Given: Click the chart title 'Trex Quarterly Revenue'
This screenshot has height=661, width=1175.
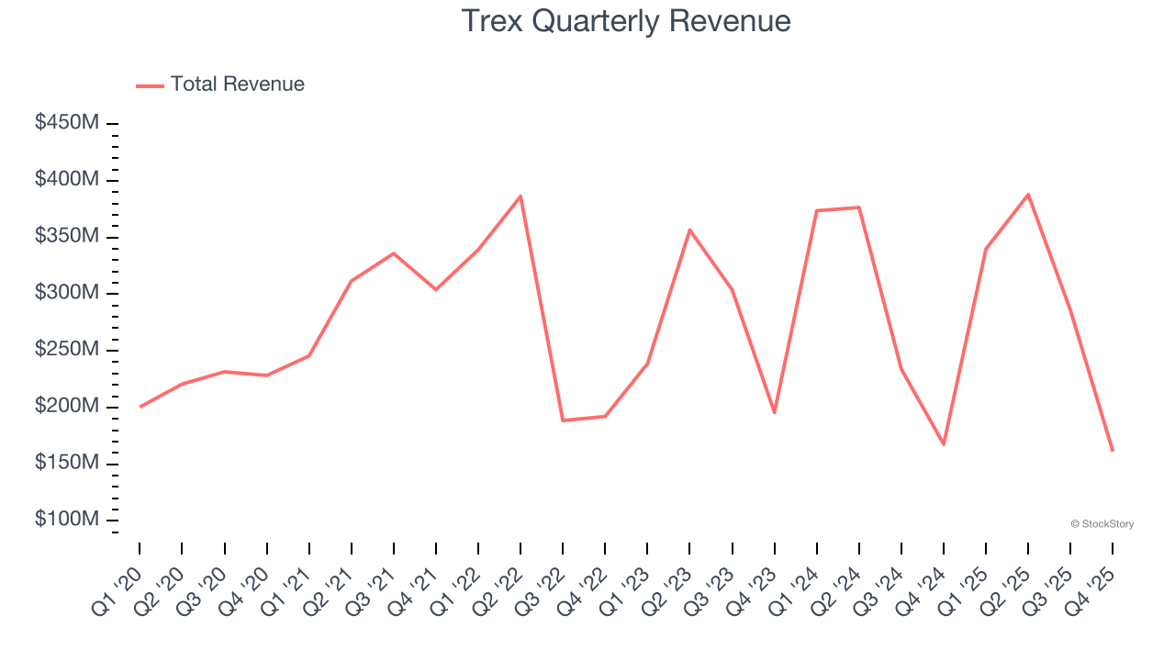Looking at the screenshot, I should tap(625, 20).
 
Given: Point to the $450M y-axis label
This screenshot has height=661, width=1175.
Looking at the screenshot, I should tap(67, 123).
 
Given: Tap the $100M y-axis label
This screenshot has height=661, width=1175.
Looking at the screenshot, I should tap(67, 520).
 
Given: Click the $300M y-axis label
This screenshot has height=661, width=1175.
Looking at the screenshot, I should tap(67, 293).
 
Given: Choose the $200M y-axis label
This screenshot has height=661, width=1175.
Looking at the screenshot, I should tap(67, 407).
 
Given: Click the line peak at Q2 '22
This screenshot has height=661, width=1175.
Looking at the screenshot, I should tap(520, 196).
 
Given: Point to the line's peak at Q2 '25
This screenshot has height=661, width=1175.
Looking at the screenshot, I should tap(1028, 194).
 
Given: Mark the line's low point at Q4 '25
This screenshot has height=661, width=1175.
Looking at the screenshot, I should tap(1113, 451).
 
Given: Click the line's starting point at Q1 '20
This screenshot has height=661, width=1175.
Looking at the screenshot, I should tap(140, 407).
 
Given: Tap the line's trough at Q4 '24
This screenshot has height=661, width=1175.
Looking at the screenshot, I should tap(944, 444).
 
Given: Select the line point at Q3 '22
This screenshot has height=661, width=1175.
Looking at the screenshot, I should tap(563, 420).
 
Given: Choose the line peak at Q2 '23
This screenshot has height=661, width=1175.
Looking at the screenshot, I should tap(689, 230).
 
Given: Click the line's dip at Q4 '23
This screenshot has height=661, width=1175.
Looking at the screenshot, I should tap(775, 412).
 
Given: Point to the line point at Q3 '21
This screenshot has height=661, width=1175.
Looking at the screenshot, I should tap(394, 252).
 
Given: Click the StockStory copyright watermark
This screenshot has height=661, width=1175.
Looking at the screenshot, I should tap(1102, 524).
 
